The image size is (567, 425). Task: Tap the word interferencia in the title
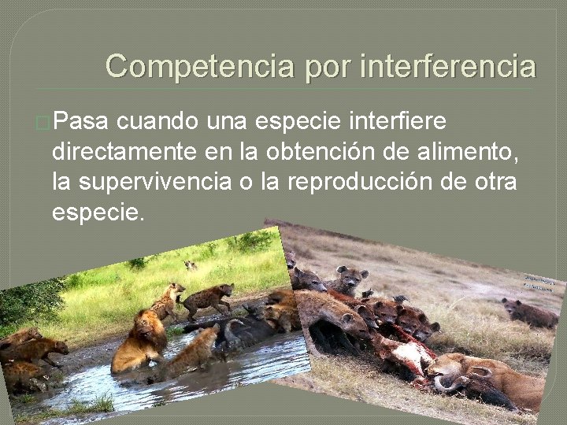click(x=447, y=66)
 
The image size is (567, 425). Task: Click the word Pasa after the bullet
click(x=82, y=122)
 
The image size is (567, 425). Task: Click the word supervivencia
click(x=171, y=183)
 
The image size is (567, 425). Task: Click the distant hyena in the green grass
click(x=191, y=265)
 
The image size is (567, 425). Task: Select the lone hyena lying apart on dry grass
click(x=529, y=313)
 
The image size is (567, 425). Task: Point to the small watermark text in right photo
click(x=540, y=285)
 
